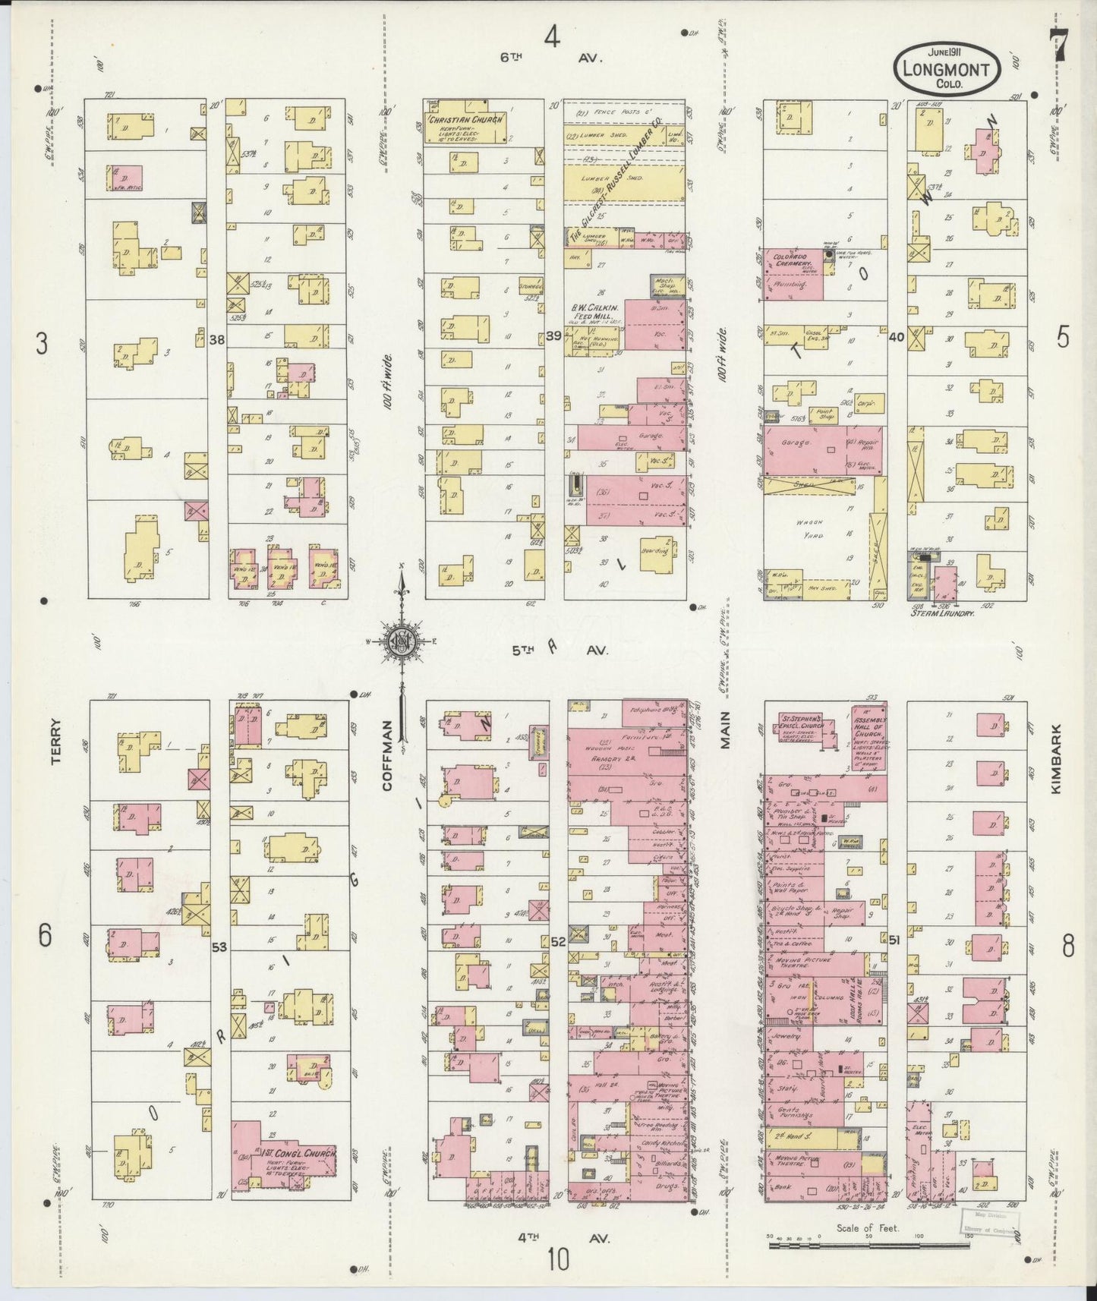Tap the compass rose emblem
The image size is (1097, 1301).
pos(399,641)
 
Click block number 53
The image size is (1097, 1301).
pos(219,947)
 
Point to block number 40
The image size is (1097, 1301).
pos(896,337)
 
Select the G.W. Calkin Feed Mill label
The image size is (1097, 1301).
pos(596,312)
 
